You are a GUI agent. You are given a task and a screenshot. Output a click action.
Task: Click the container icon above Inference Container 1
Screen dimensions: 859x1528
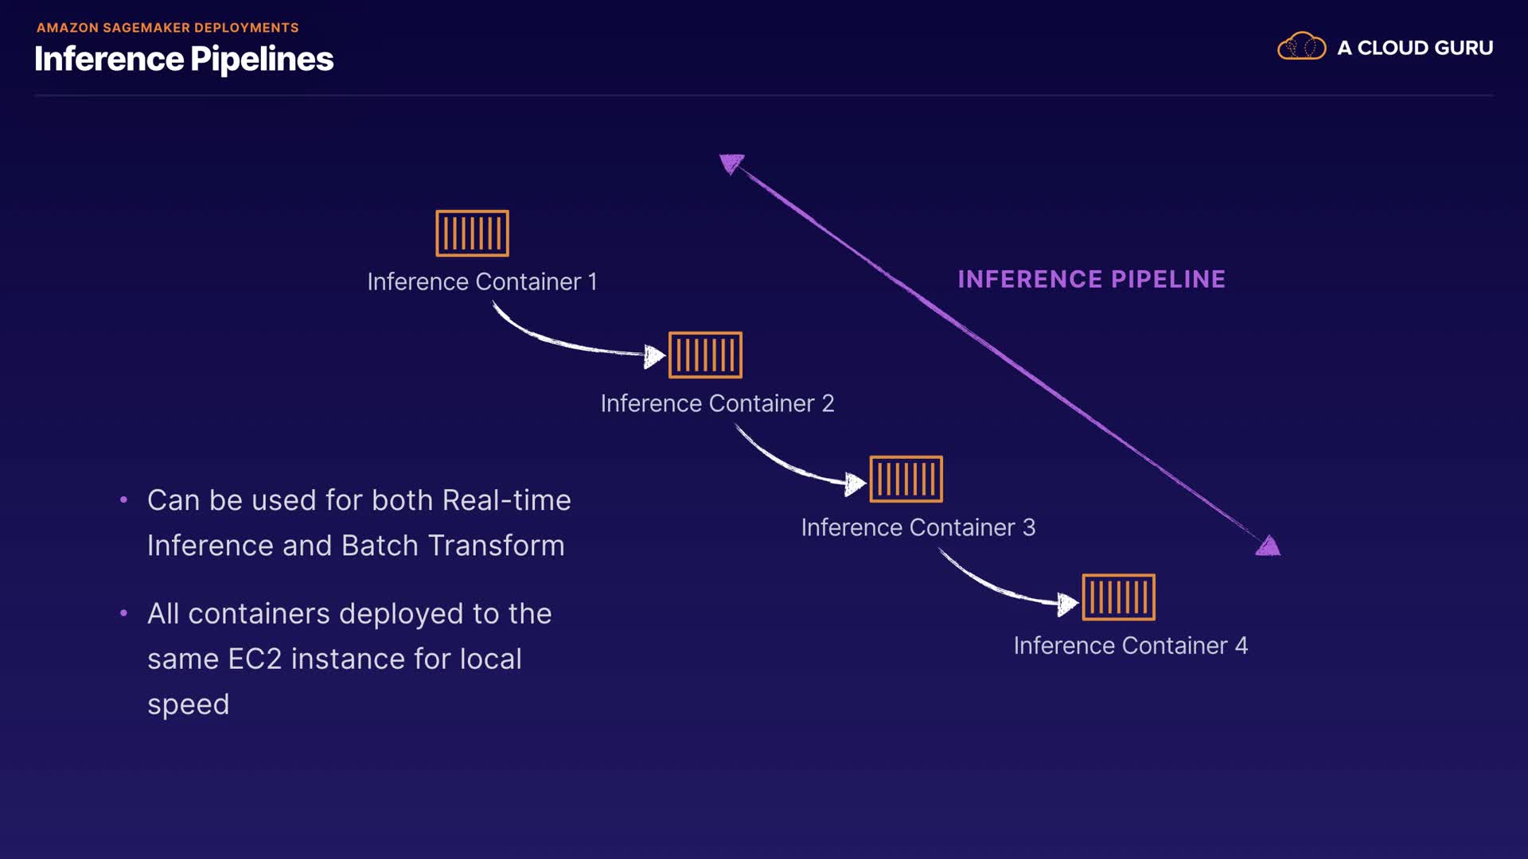472,233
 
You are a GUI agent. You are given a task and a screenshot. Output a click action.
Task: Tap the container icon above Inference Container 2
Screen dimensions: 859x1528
705,355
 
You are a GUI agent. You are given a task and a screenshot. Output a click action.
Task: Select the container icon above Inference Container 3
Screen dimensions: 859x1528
906,479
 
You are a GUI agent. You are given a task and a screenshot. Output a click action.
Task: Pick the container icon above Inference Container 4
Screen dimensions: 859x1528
1118,597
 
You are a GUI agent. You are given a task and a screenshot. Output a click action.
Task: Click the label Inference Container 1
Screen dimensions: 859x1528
481,282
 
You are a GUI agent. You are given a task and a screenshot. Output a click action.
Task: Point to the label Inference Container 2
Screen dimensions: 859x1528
717,403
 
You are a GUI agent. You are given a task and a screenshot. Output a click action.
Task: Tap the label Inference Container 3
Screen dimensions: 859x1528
918,527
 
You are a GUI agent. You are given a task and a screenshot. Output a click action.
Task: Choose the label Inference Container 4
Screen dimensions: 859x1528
1130,645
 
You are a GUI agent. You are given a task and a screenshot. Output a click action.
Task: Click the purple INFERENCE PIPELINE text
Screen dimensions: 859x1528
1091,279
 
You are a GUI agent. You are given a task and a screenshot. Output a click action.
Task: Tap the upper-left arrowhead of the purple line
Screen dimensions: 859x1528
731,163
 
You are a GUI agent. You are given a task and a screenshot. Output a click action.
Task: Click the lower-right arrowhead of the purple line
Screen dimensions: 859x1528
1268,546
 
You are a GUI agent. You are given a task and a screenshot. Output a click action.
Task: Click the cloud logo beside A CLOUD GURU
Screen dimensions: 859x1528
1301,47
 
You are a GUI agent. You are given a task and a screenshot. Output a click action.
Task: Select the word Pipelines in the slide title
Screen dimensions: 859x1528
262,60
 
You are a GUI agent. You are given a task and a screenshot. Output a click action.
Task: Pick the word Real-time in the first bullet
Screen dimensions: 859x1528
506,500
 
